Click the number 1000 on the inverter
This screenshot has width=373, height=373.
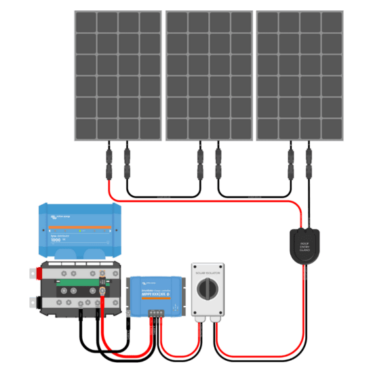56,240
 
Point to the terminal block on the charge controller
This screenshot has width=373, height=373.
155,313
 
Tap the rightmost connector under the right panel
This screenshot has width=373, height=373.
309,163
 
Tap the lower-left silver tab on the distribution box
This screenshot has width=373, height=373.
33,302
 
